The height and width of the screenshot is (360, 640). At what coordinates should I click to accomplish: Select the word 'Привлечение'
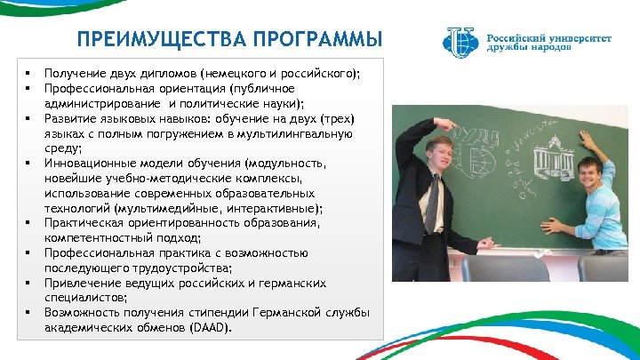(x=82, y=283)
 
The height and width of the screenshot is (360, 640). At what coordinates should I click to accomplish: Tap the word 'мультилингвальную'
(x=301, y=133)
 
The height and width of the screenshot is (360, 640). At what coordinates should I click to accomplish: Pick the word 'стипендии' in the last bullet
(x=219, y=313)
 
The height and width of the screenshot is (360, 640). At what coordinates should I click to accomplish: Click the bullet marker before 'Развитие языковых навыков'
(x=28, y=118)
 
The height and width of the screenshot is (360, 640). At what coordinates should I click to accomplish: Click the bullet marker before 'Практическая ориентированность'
(x=28, y=223)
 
